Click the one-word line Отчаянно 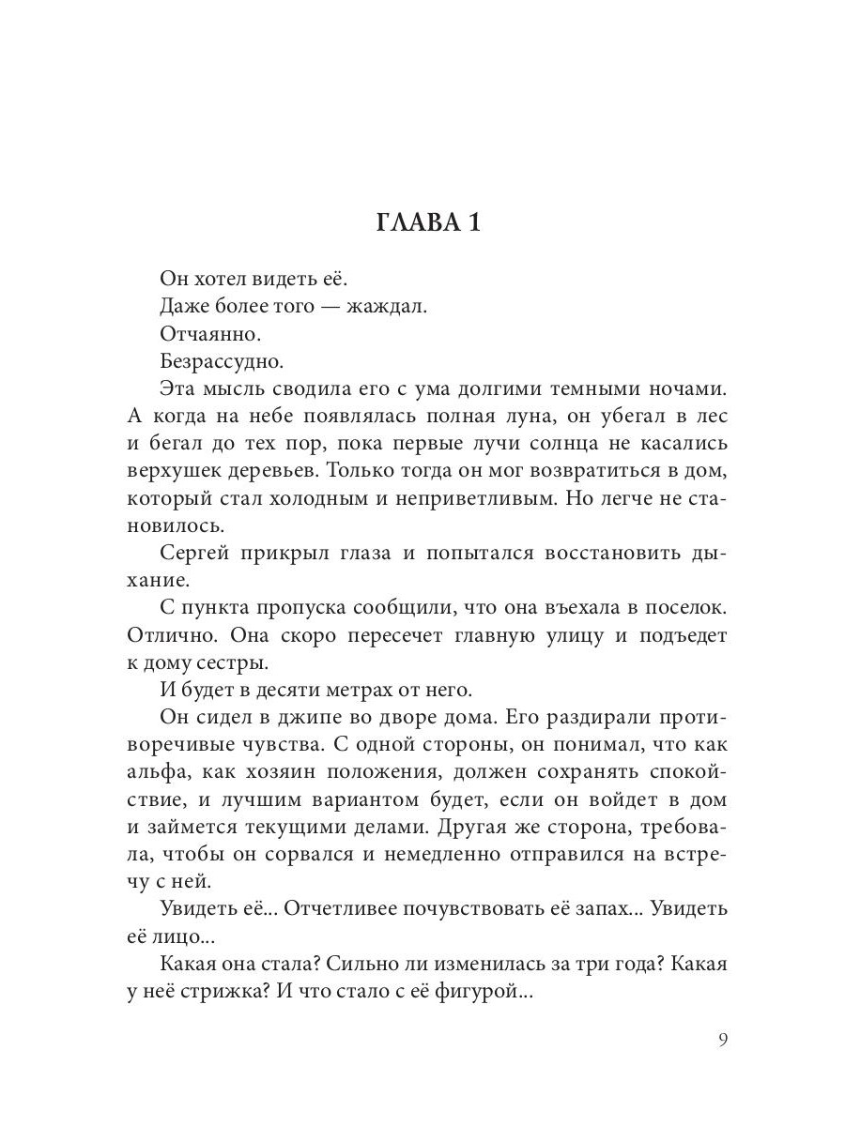click(210, 333)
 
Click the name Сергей click(193, 553)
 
